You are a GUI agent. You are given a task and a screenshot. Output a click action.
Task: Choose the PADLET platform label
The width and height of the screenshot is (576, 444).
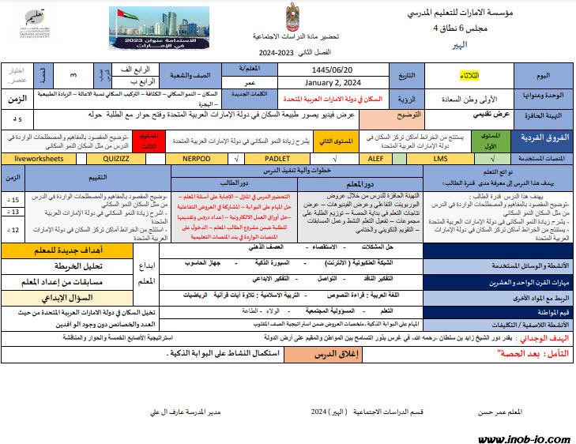coord(277,158)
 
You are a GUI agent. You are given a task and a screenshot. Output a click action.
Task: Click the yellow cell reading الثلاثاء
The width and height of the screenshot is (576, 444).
coord(469,76)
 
